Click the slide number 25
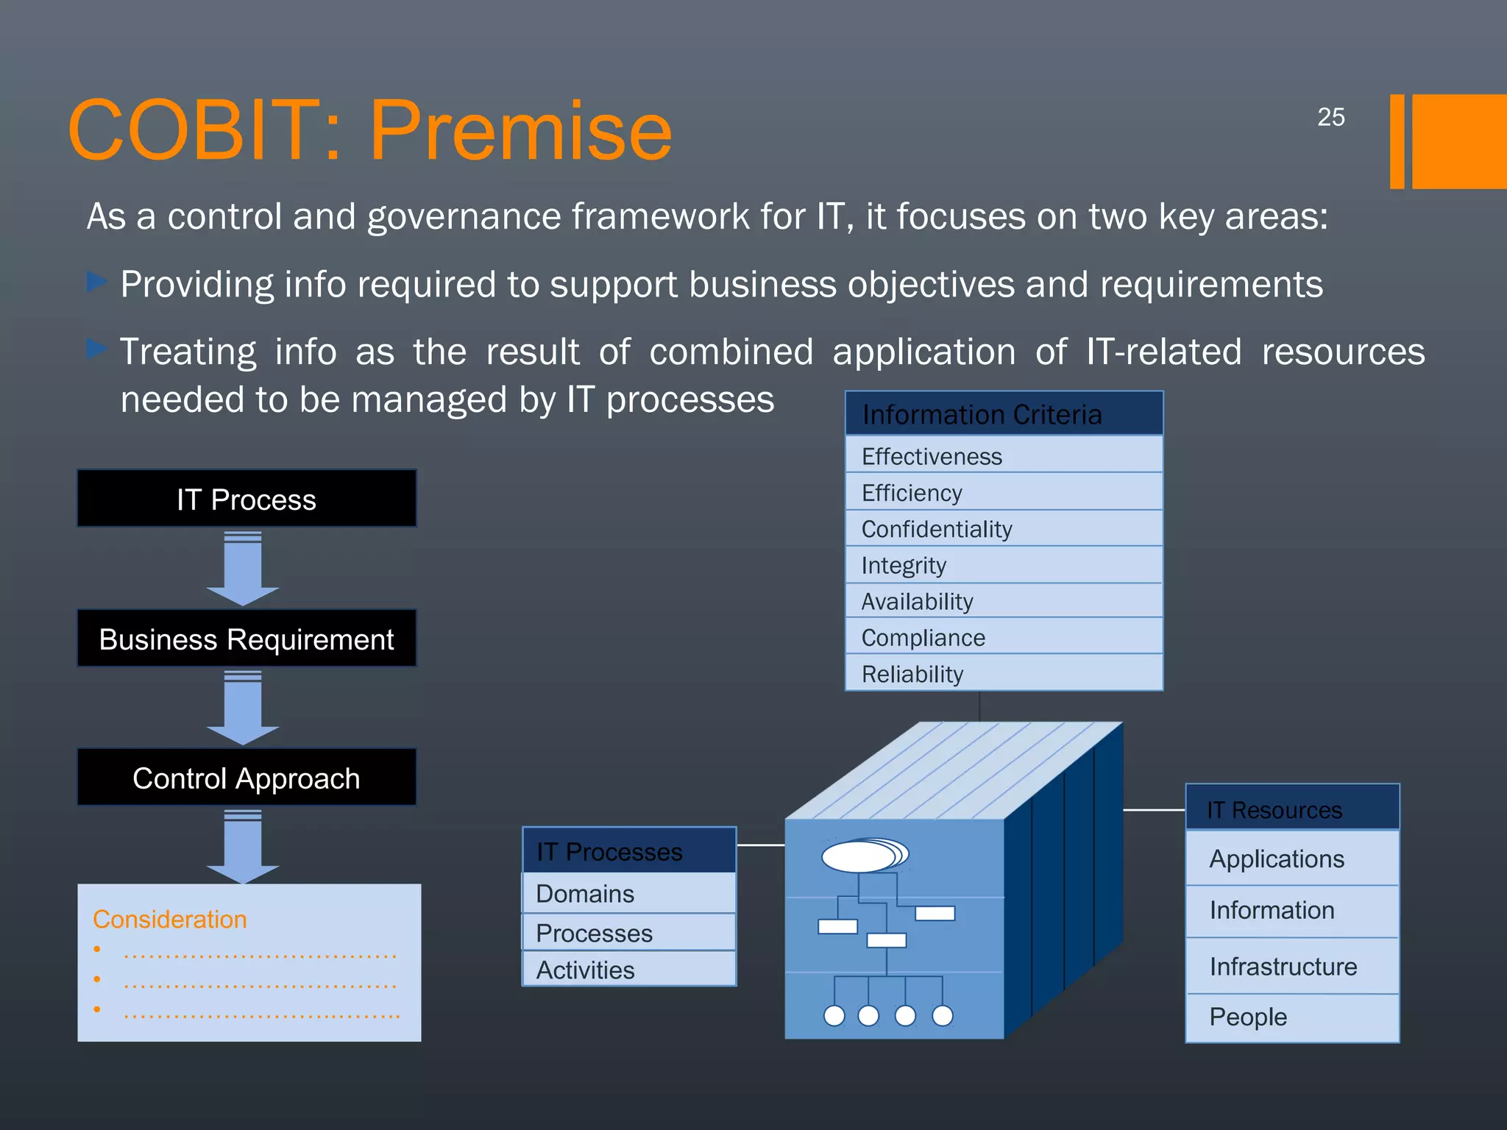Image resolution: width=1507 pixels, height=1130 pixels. tap(1330, 117)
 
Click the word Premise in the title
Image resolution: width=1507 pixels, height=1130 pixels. tap(520, 131)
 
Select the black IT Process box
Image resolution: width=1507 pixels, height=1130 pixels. tap(247, 499)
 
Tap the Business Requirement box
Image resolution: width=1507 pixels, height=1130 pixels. tap(247, 639)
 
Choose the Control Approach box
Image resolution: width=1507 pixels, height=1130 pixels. tap(247, 778)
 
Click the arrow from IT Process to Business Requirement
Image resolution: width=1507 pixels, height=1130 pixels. tap(243, 569)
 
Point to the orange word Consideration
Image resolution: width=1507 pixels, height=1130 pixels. tap(170, 920)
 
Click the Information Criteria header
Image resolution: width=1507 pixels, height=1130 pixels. tap(1004, 413)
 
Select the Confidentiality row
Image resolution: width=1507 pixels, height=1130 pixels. tap(1004, 528)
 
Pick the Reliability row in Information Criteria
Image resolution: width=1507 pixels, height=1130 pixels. tap(1004, 673)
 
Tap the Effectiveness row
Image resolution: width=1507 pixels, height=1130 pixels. tap(1004, 455)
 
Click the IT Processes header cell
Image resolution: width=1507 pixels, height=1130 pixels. tap(629, 850)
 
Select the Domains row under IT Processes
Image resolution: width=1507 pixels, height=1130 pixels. tap(629, 893)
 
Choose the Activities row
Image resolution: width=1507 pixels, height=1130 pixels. tap(629, 969)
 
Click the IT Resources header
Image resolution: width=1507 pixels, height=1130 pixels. tap(1292, 809)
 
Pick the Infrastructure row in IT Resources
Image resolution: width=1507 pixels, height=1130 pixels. tap(1292, 966)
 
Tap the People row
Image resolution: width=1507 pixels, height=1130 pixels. tap(1292, 1017)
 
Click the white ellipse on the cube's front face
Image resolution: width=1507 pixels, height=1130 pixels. tap(859, 856)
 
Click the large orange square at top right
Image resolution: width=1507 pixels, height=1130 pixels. tap(1458, 141)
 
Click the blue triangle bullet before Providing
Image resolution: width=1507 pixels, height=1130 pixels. tap(96, 282)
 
